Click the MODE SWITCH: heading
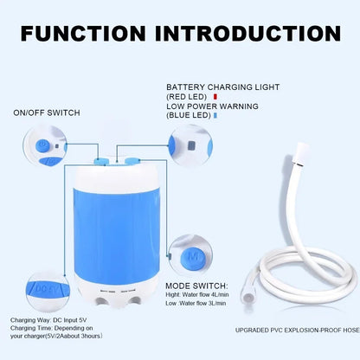tap(198, 285)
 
